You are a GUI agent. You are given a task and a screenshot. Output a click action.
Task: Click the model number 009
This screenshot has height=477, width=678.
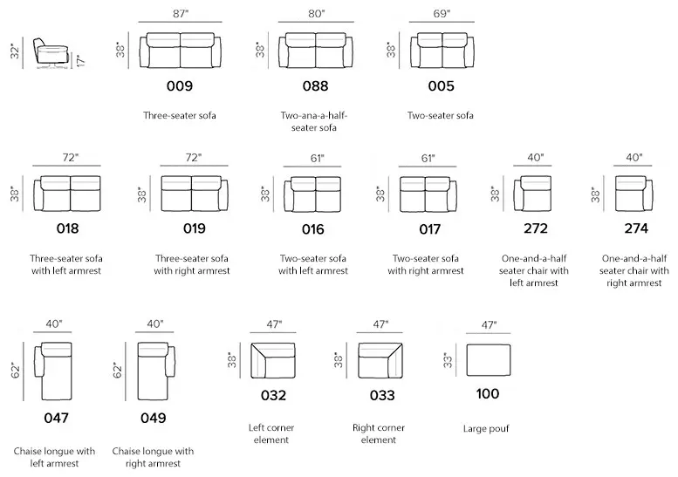coord(180,86)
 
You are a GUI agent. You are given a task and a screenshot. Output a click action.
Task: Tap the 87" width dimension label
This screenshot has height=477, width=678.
coord(181,14)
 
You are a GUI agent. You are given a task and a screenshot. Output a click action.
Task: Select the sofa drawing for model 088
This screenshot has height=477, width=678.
coord(316,50)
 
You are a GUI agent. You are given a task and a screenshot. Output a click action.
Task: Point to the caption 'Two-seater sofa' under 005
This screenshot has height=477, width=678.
coord(440,115)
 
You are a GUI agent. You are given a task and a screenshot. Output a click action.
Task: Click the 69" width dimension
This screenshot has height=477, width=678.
coord(442,14)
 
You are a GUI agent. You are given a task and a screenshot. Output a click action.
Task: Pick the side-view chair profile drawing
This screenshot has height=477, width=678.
coord(50,53)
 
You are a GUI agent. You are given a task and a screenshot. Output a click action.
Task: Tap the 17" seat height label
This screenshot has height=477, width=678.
coord(81,60)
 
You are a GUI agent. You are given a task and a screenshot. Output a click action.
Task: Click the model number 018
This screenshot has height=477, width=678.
coord(67,228)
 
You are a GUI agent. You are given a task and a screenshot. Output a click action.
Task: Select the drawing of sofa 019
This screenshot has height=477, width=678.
coord(195,193)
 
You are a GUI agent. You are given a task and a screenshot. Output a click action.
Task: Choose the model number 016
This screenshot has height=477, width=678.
coord(312,229)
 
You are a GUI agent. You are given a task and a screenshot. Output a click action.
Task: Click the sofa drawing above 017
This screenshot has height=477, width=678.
coord(428,194)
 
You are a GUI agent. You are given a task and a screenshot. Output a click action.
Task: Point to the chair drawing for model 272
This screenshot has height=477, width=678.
coord(532,193)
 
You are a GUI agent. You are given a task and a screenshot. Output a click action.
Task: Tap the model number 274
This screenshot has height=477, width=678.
coord(636,228)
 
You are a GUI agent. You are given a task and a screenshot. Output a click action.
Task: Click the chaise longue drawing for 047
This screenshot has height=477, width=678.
coord(56,371)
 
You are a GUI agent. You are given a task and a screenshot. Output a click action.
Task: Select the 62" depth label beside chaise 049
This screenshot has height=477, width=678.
coord(118,371)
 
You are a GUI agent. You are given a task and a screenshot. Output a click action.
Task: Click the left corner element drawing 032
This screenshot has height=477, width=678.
coord(273,361)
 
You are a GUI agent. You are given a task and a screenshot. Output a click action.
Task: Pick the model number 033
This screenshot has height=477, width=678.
coord(382,395)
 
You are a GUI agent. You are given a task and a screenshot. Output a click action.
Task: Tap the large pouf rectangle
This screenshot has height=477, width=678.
coord(488,360)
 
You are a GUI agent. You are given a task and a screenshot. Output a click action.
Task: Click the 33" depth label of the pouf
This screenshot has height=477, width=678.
coord(448,360)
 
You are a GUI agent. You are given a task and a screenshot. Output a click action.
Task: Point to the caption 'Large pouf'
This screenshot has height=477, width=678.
coord(486,429)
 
